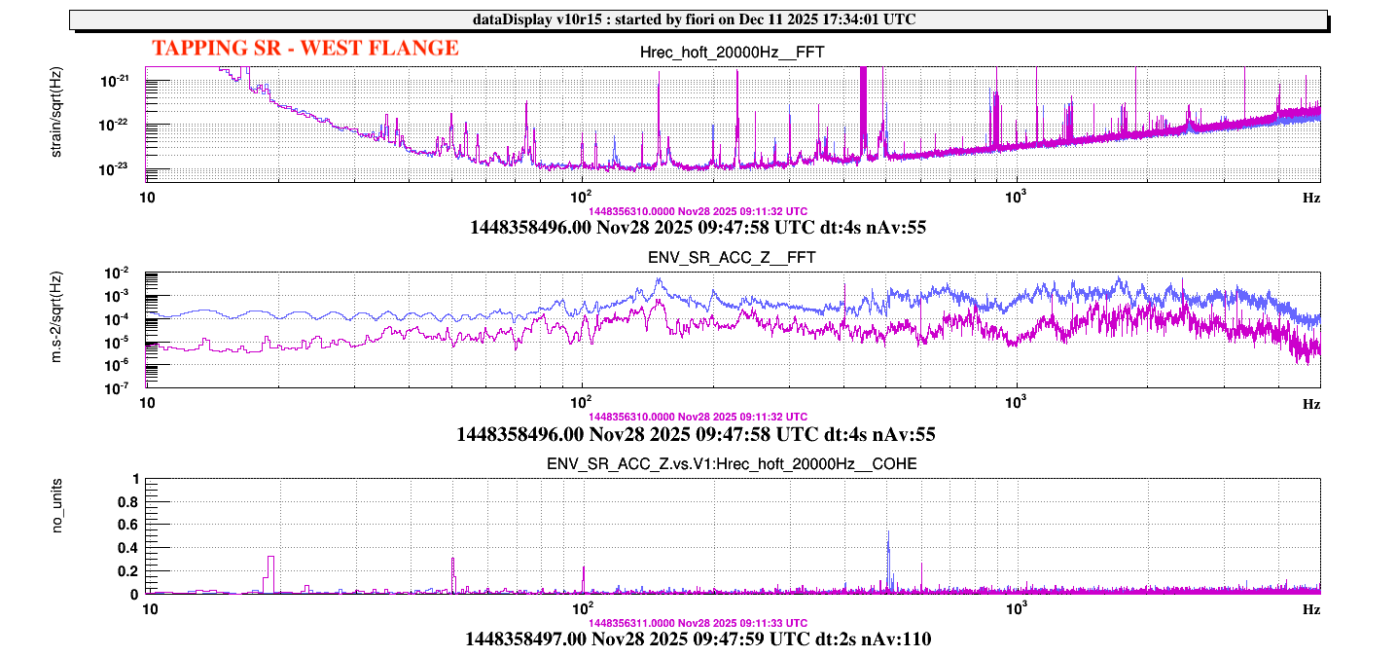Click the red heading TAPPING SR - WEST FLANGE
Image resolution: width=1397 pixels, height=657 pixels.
pos(304,48)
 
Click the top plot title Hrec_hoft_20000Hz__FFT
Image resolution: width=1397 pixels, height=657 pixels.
pos(734,53)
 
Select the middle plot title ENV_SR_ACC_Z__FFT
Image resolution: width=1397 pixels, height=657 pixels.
pos(734,257)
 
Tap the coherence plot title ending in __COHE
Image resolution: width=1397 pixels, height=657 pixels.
pos(734,463)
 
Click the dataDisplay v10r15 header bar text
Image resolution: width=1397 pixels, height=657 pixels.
pos(698,19)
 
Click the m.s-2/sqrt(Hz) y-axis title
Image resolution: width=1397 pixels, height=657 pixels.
pos(58,329)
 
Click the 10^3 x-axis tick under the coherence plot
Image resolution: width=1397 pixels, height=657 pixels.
pos(1017,607)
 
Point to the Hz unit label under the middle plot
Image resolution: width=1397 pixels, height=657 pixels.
pos(1311,403)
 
